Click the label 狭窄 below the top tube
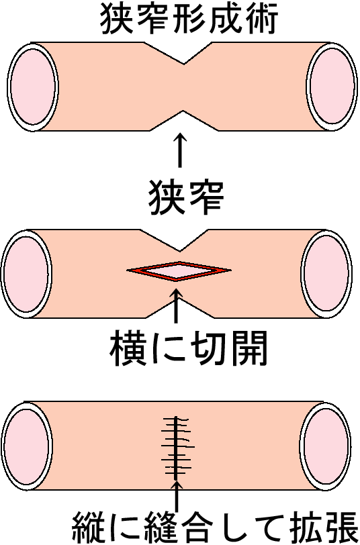[x=186, y=198]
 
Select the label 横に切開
[x=189, y=348]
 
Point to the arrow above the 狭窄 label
[x=180, y=150]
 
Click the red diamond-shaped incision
[x=179, y=270]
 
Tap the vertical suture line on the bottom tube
[x=177, y=448]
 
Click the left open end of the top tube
[x=33, y=87]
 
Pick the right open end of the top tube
[x=332, y=86]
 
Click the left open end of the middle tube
[x=27, y=274]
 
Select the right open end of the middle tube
[x=326, y=274]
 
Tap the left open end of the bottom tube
[x=28, y=446]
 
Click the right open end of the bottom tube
[x=325, y=446]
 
